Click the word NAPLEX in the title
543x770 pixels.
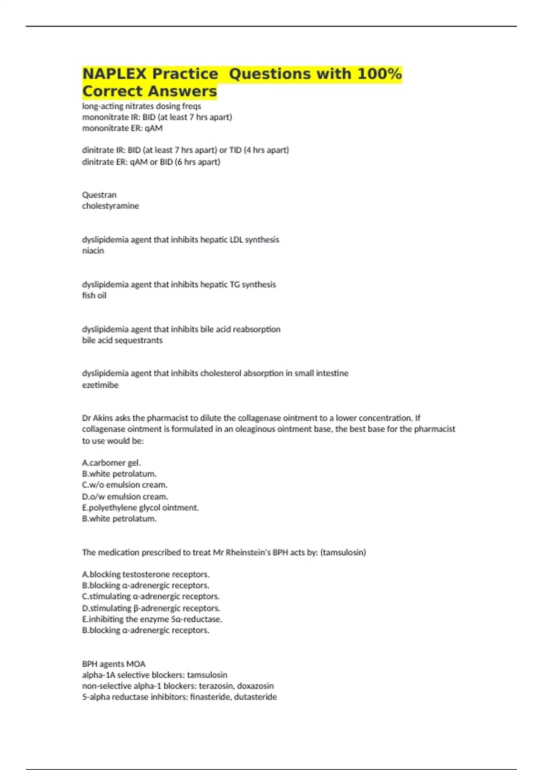(x=114, y=74)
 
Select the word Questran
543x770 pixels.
(x=99, y=195)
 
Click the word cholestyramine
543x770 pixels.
(x=110, y=206)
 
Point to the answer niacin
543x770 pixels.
(x=93, y=250)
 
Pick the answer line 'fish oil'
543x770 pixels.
(x=94, y=295)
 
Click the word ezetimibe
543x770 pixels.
(x=100, y=385)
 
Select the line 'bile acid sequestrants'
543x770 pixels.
(x=122, y=340)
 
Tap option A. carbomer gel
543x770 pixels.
(x=111, y=463)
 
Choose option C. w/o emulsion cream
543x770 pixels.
(x=124, y=485)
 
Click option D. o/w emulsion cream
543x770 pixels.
(x=125, y=496)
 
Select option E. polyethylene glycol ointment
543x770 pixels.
(x=140, y=508)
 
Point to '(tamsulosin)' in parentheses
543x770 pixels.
(x=343, y=552)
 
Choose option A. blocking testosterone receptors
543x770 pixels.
(x=146, y=574)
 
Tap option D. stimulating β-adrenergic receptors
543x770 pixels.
(x=151, y=608)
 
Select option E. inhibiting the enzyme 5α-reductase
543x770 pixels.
(x=152, y=619)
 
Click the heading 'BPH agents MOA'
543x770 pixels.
(x=114, y=664)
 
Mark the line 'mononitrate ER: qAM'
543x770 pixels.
(x=122, y=128)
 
